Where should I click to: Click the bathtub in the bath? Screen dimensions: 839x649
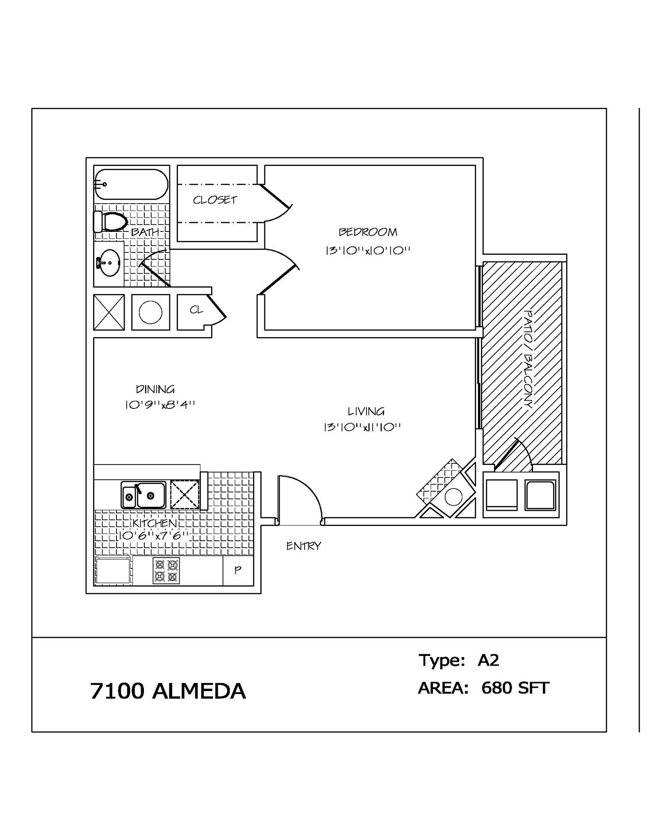(131, 184)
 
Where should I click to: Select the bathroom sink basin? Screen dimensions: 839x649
(110, 263)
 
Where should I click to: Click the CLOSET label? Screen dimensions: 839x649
(215, 200)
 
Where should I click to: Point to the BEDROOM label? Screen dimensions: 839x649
(368, 232)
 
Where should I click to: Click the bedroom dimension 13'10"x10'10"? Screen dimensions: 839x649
(368, 250)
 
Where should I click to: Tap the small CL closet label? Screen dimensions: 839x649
(196, 310)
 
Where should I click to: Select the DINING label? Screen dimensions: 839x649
(155, 389)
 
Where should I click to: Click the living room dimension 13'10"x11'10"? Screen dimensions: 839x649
(362, 428)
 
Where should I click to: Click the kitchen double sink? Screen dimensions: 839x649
(143, 495)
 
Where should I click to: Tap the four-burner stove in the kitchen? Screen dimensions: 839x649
(166, 571)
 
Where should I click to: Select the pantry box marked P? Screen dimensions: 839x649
(238, 570)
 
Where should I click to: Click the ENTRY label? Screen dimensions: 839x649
(303, 546)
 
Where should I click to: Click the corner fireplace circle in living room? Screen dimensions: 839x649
(453, 497)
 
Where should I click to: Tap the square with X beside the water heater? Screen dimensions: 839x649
(109, 312)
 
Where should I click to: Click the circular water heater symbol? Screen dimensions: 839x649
(150, 312)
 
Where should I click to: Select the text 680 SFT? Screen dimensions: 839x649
(515, 688)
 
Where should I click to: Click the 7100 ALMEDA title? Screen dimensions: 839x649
(168, 691)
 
